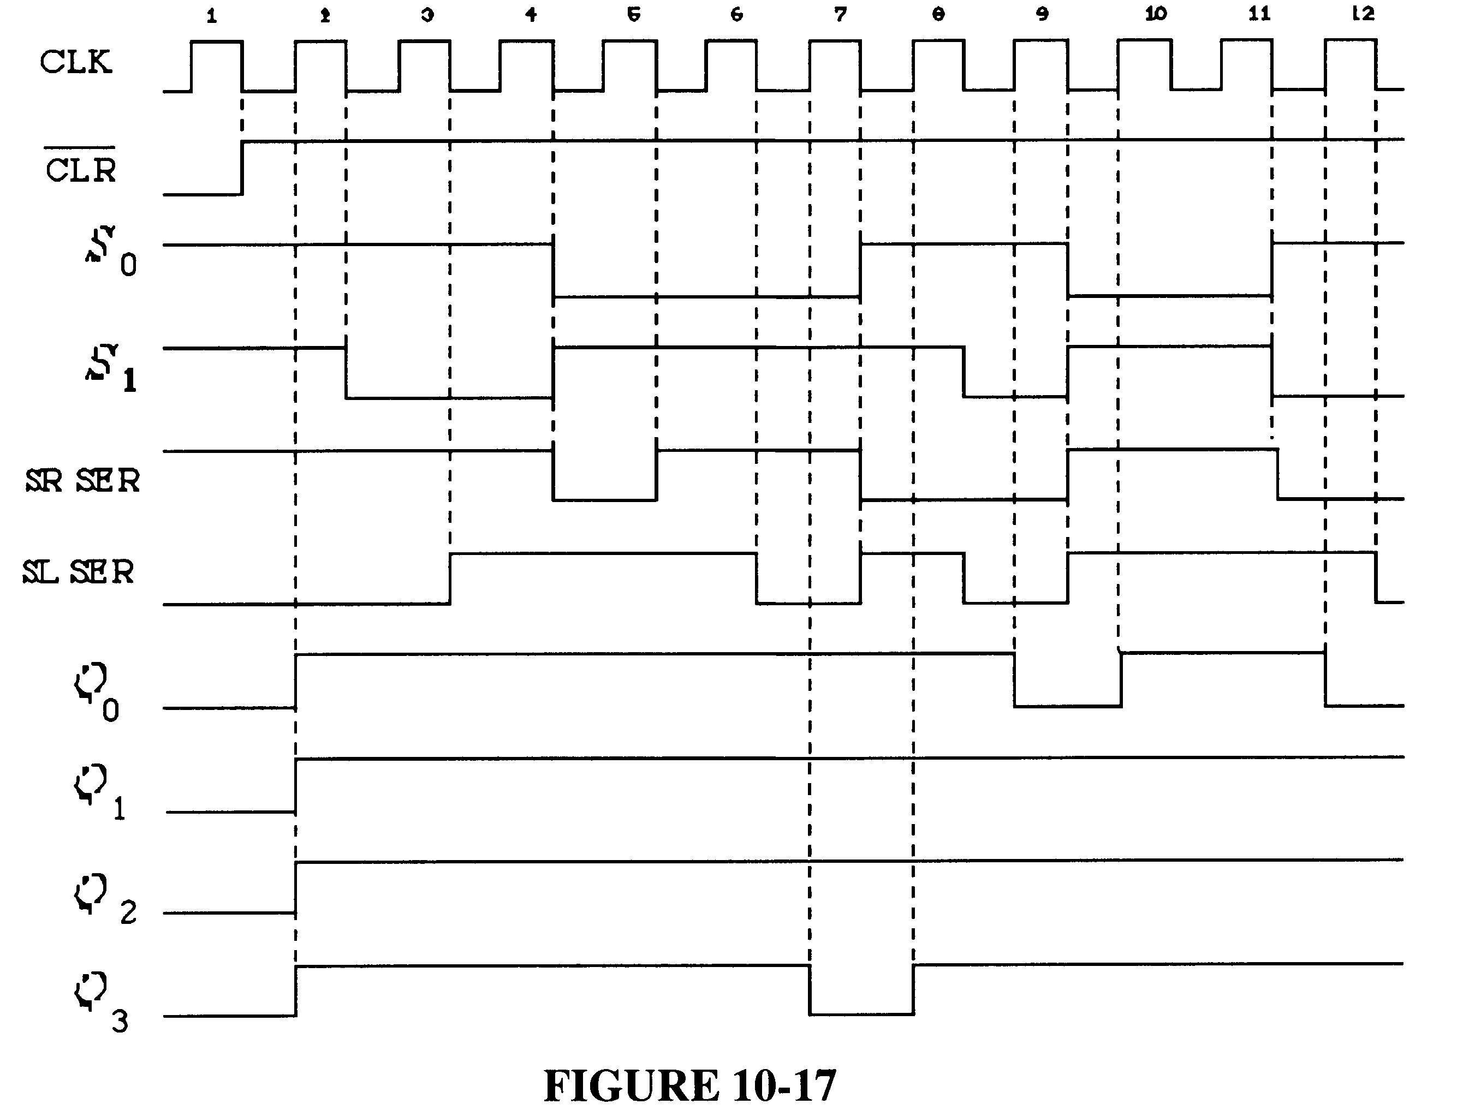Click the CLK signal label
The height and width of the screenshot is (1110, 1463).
pos(75,63)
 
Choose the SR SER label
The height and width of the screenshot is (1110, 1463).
pos(82,481)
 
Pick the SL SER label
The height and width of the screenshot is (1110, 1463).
pos(79,572)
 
